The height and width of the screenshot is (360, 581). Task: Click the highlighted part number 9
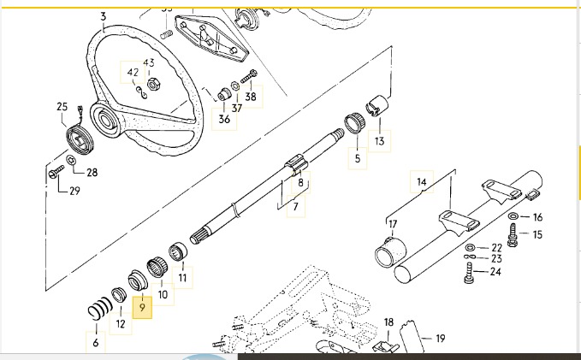click(x=142, y=305)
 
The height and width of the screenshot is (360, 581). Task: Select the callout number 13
click(x=379, y=141)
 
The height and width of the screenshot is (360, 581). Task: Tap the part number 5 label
click(x=358, y=158)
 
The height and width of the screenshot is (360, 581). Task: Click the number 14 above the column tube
click(x=421, y=182)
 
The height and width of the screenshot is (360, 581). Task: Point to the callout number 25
click(x=62, y=107)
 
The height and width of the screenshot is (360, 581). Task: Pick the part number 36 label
click(x=224, y=120)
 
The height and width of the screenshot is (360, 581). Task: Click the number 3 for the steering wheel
click(x=104, y=16)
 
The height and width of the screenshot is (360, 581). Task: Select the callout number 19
click(x=440, y=339)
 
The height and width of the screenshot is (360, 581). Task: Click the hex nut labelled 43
click(x=154, y=84)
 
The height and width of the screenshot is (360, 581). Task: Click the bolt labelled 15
click(x=513, y=232)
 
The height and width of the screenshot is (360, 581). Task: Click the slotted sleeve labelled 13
click(x=377, y=109)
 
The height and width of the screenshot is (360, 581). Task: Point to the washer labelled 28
click(x=72, y=161)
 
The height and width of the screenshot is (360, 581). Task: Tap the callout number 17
click(x=393, y=225)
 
